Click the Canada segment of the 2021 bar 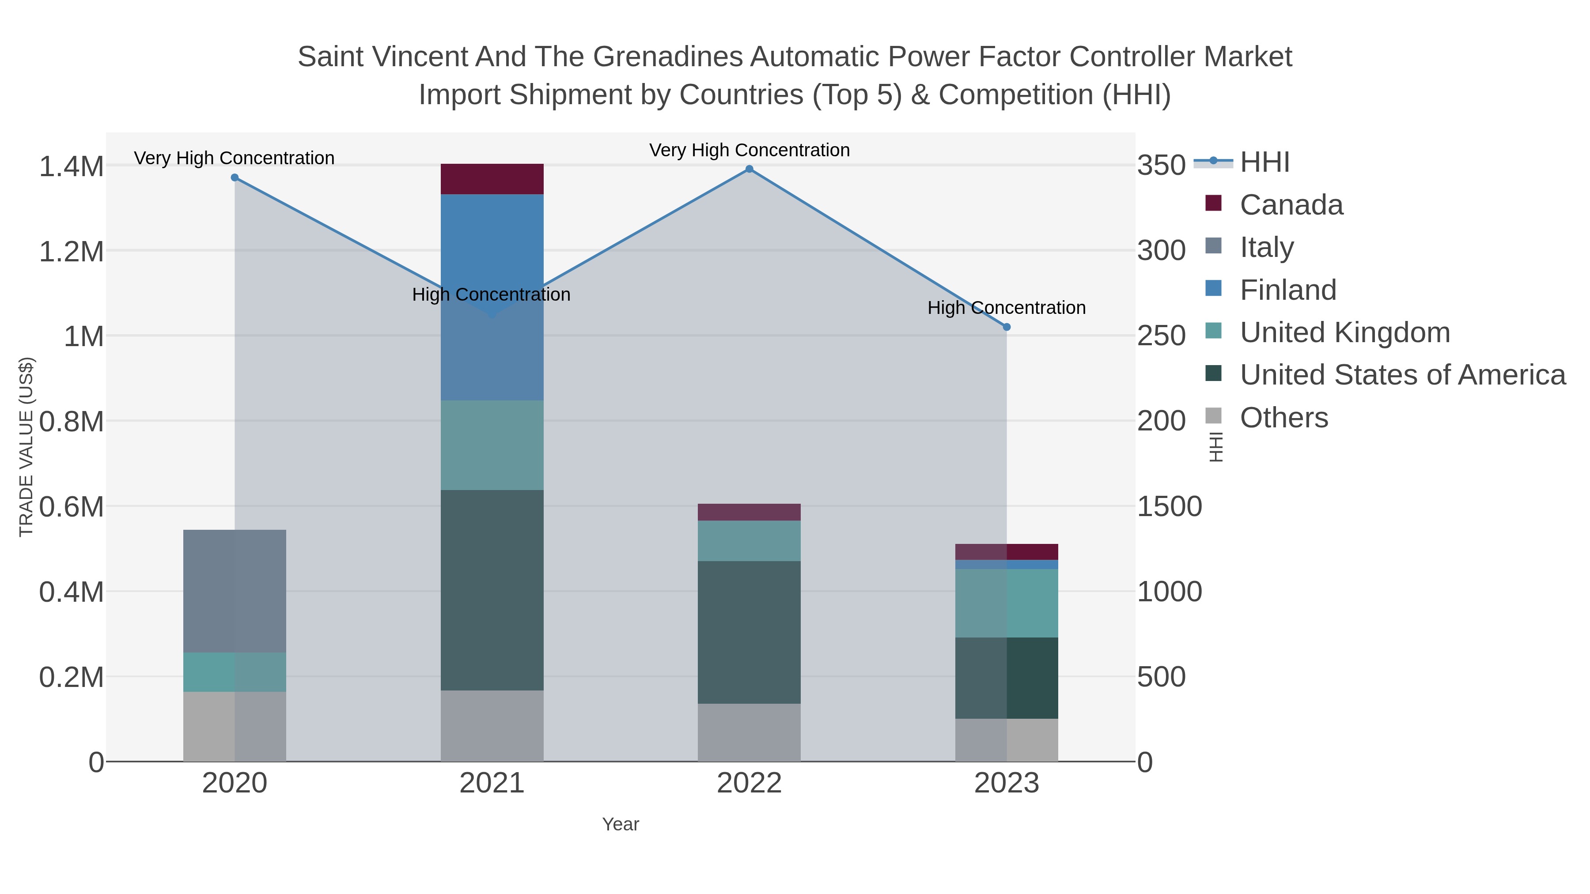(x=492, y=179)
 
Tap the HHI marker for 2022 (x=750, y=169)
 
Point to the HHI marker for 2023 (x=1007, y=327)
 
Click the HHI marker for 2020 (x=235, y=177)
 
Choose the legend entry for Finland (x=1288, y=290)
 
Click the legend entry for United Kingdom (x=1344, y=332)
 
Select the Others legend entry (x=1284, y=418)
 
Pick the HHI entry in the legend (x=1265, y=162)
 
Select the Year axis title (x=621, y=824)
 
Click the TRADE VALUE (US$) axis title (x=26, y=447)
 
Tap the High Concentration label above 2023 (x=1006, y=308)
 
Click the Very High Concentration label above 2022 (x=750, y=150)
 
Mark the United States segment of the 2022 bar (x=750, y=632)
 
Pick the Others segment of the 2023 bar (x=1007, y=740)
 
